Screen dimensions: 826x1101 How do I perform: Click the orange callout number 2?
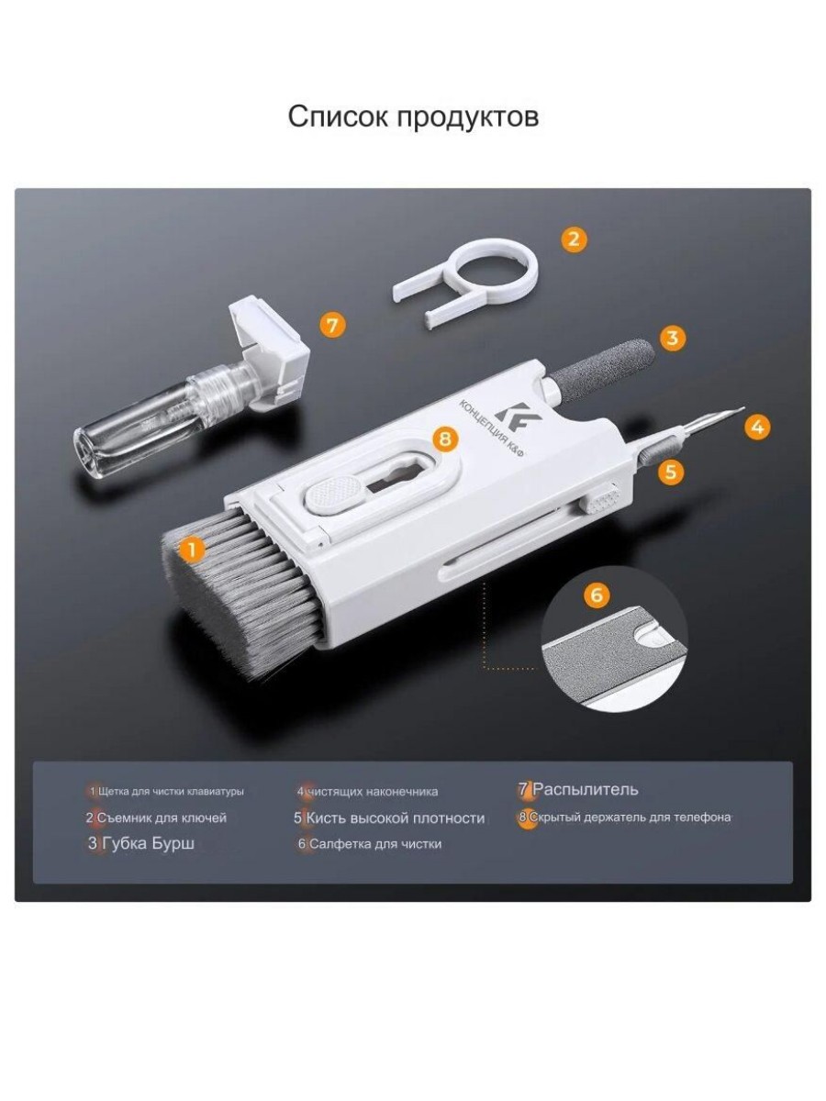pos(574,239)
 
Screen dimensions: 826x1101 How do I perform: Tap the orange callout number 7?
pos(332,326)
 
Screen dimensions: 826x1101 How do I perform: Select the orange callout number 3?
pos(672,338)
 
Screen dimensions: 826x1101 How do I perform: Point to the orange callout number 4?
pos(757,427)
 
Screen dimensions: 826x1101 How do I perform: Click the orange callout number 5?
pos(671,471)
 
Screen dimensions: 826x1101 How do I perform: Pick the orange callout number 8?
pos(445,439)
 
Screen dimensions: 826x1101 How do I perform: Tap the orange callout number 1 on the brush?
pos(191,549)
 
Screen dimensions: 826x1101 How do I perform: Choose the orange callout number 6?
pos(597,595)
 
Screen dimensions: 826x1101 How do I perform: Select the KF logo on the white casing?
pos(511,417)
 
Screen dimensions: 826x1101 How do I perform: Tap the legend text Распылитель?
pos(585,790)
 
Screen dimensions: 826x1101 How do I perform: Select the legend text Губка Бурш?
pos(148,843)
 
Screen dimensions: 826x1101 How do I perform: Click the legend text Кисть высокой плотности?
pos(396,818)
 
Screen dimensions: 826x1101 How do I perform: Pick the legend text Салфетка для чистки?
pos(375,844)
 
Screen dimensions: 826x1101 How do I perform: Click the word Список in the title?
pos(339,117)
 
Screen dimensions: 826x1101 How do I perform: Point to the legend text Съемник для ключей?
pos(162,818)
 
